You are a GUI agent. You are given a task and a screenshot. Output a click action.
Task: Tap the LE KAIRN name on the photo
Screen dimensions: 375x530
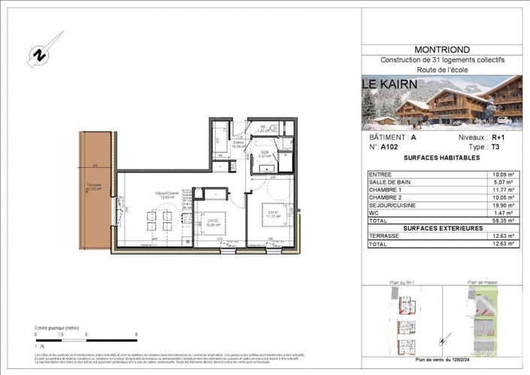[393, 84]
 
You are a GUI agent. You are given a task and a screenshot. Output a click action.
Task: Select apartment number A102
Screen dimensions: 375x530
[389, 148]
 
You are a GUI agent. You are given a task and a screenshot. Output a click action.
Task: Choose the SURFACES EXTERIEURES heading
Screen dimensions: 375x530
[441, 229]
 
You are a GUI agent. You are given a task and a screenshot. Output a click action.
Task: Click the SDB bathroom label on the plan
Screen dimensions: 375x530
[265, 152]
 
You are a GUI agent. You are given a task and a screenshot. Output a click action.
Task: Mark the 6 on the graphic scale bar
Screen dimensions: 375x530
[136, 333]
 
